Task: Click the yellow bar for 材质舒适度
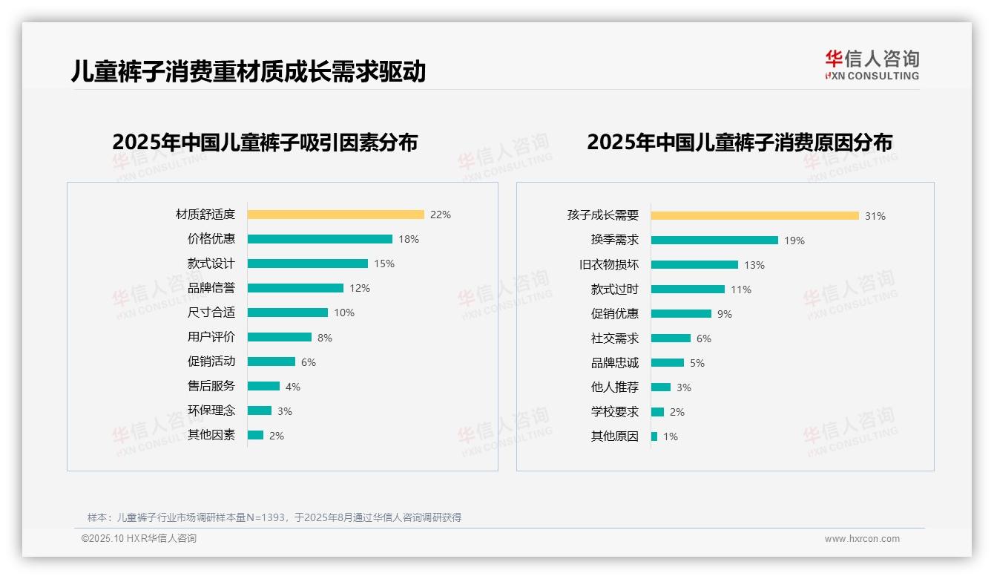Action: (x=335, y=215)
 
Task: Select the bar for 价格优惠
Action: (x=320, y=239)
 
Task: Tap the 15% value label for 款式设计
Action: (x=384, y=264)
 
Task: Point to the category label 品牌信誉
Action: (x=211, y=288)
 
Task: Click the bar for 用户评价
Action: (x=280, y=337)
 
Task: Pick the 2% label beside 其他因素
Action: (x=277, y=436)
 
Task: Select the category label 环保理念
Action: (x=211, y=410)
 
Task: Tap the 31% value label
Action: (x=875, y=216)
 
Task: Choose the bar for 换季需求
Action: (x=714, y=241)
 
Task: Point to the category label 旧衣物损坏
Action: (x=608, y=265)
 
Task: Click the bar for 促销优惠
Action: (x=681, y=314)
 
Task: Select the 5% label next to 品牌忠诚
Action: (x=697, y=363)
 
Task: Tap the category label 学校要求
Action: (x=614, y=412)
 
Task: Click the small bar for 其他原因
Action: (x=654, y=436)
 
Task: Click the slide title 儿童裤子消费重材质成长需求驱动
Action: (x=248, y=72)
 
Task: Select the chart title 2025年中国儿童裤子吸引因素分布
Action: (x=265, y=142)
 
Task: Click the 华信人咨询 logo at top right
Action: (x=872, y=65)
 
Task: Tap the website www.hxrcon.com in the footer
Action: (x=862, y=539)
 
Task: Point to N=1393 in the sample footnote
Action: (x=265, y=517)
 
